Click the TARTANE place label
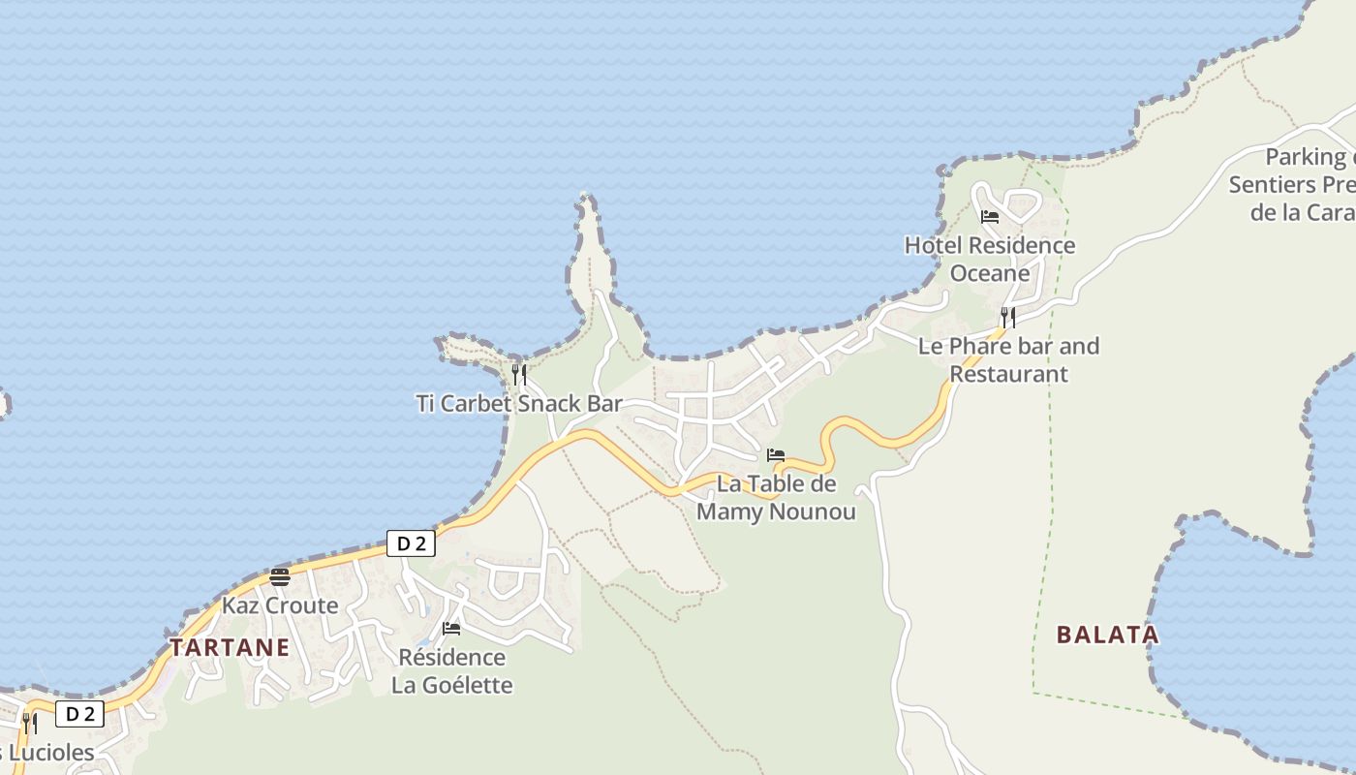point(230,647)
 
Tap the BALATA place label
point(1107,635)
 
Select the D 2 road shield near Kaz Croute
point(411,543)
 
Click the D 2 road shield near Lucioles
point(79,715)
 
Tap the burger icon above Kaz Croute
point(280,578)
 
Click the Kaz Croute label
point(280,605)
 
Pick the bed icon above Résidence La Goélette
point(451,629)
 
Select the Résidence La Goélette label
point(452,670)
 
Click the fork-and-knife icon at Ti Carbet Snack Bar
point(519,374)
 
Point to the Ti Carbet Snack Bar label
point(519,403)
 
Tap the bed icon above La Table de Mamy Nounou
point(776,455)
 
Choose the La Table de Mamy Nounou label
point(776,497)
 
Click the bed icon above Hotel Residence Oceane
point(990,217)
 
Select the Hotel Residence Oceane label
point(990,259)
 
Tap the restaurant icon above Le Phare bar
point(1008,317)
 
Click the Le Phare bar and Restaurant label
point(1008,359)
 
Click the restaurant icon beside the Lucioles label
point(30,723)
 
